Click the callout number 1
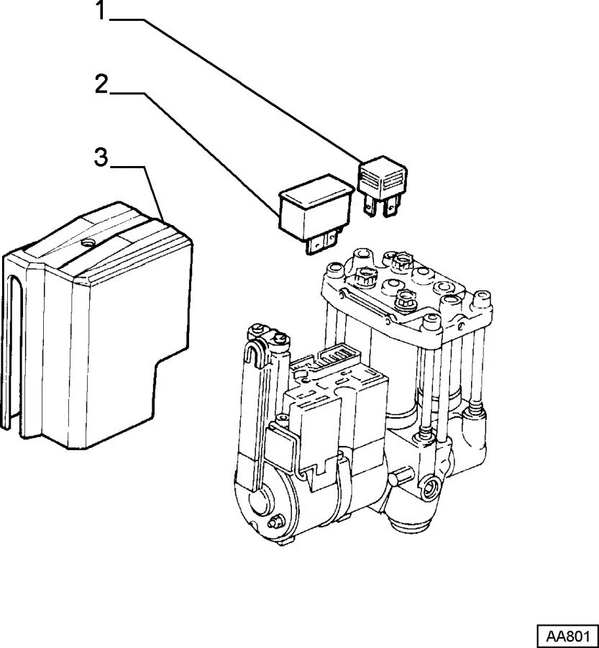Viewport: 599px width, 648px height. [101, 13]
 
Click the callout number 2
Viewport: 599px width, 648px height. [101, 85]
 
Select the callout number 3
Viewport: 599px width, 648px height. [101, 157]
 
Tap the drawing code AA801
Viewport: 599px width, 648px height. [567, 636]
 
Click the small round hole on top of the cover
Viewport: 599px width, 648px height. [88, 244]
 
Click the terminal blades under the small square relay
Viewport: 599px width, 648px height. [380, 207]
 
